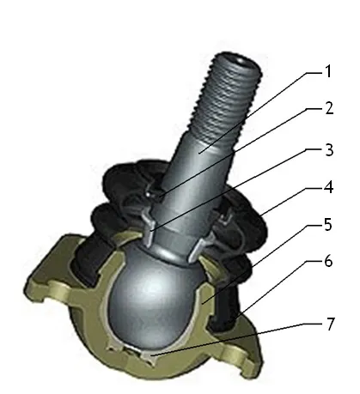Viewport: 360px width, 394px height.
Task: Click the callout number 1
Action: tap(328, 71)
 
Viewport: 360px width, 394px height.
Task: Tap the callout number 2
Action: tap(329, 108)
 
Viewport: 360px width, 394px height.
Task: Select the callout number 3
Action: tap(329, 149)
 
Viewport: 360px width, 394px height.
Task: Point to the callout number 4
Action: tap(328, 187)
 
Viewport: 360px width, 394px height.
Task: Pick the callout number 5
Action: tap(328, 225)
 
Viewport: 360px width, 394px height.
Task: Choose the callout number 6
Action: tap(328, 261)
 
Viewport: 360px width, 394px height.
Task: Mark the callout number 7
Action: tap(331, 324)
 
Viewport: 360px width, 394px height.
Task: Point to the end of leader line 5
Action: tap(203, 302)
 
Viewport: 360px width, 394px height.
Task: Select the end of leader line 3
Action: tap(152, 230)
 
